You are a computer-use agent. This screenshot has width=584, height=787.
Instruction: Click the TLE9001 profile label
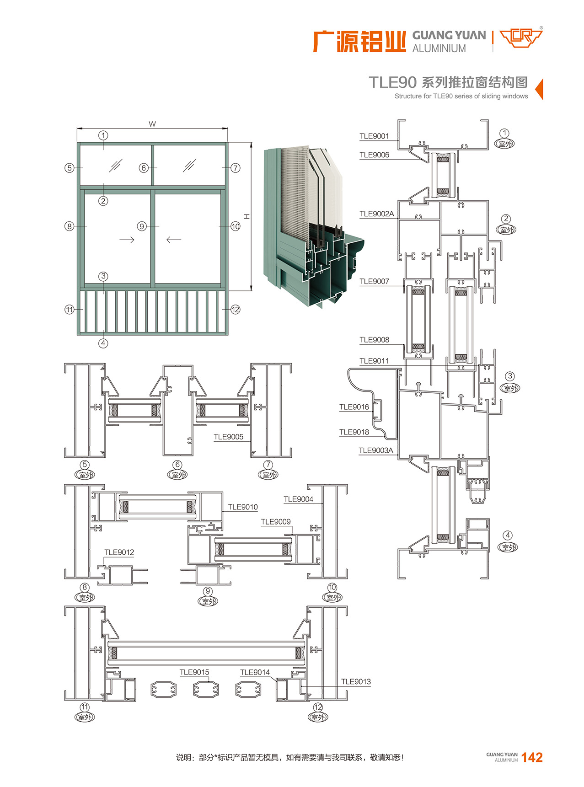[x=374, y=136]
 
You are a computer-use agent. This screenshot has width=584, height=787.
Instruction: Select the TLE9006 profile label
[x=374, y=155]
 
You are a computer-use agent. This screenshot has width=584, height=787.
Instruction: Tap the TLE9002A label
[x=376, y=214]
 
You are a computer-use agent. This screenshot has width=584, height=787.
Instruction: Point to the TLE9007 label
[x=374, y=281]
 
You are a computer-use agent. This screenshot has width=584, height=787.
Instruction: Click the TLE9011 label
[x=374, y=361]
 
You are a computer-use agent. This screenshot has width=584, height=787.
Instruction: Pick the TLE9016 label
[x=354, y=407]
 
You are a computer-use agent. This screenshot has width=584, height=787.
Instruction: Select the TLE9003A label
[x=375, y=450]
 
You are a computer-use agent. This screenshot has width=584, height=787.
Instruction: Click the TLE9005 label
[x=228, y=437]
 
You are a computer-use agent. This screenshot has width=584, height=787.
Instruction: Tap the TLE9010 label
[x=242, y=507]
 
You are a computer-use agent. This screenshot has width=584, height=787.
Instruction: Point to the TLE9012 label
[x=119, y=552]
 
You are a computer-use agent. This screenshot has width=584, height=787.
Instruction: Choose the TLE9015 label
[x=194, y=672]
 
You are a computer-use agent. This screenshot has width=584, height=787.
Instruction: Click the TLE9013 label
[x=355, y=681]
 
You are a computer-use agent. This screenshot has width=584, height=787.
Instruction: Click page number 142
[x=532, y=758]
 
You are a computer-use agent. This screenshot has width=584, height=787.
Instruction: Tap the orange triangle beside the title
[x=539, y=89]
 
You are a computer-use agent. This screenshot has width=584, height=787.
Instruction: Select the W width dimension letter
[x=152, y=124]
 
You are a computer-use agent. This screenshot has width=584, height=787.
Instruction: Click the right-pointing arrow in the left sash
[x=127, y=240]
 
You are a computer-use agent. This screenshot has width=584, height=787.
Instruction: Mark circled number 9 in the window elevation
[x=142, y=226]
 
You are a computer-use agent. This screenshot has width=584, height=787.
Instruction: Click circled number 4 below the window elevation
[x=103, y=343]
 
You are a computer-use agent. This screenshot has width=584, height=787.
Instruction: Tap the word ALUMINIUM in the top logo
[x=439, y=48]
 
